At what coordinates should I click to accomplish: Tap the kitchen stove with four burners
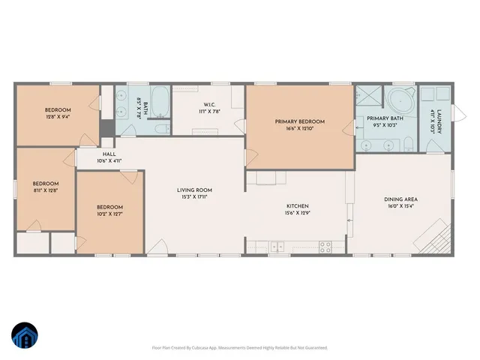(325, 245)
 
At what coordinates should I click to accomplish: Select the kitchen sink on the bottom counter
(277, 245)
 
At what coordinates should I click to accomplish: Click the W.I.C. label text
(210, 105)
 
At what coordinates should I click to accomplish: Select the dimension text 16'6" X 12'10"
(300, 128)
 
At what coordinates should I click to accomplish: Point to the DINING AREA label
(400, 199)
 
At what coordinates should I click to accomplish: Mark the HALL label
(109, 154)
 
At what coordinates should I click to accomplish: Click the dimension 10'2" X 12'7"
(109, 214)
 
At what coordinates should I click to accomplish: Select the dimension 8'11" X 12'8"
(45, 190)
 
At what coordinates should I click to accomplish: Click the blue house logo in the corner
(24, 336)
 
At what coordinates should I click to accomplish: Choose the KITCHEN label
(298, 206)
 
